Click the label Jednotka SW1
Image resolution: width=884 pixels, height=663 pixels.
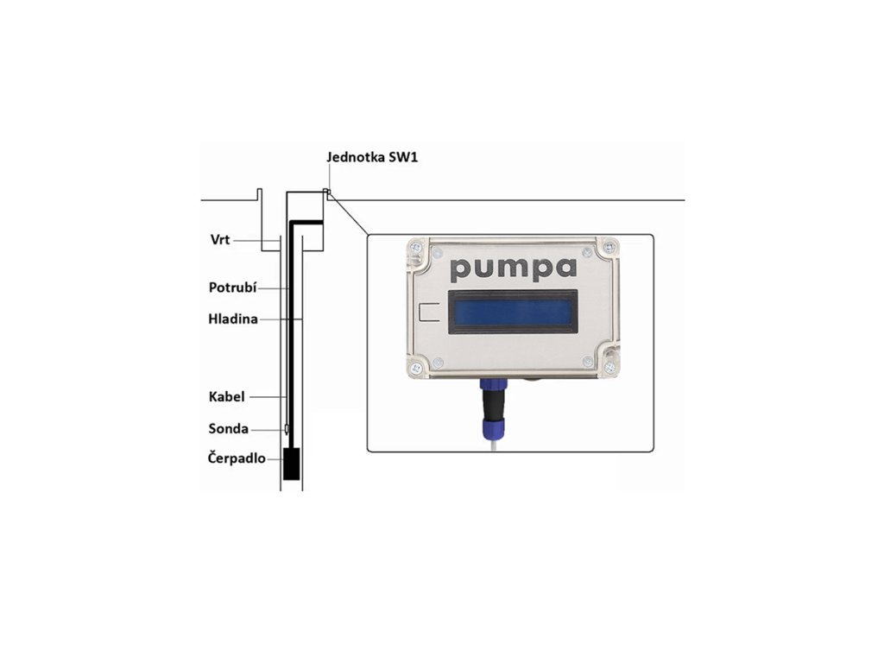[372, 158]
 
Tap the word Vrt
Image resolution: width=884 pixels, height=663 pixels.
[220, 239]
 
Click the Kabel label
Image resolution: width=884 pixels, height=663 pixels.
[226, 396]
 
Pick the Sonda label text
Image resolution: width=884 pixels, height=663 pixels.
[228, 428]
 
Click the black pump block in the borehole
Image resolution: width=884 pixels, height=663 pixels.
[293, 464]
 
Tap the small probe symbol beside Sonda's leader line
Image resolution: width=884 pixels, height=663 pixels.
[287, 428]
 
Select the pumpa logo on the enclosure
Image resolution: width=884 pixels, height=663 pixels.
[514, 268]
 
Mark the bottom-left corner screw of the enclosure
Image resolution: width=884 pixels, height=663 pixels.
[417, 369]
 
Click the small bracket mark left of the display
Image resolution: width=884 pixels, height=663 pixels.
[427, 312]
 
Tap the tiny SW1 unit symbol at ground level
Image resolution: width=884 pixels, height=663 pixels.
[326, 193]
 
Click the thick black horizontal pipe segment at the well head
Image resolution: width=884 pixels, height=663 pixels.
[306, 223]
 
